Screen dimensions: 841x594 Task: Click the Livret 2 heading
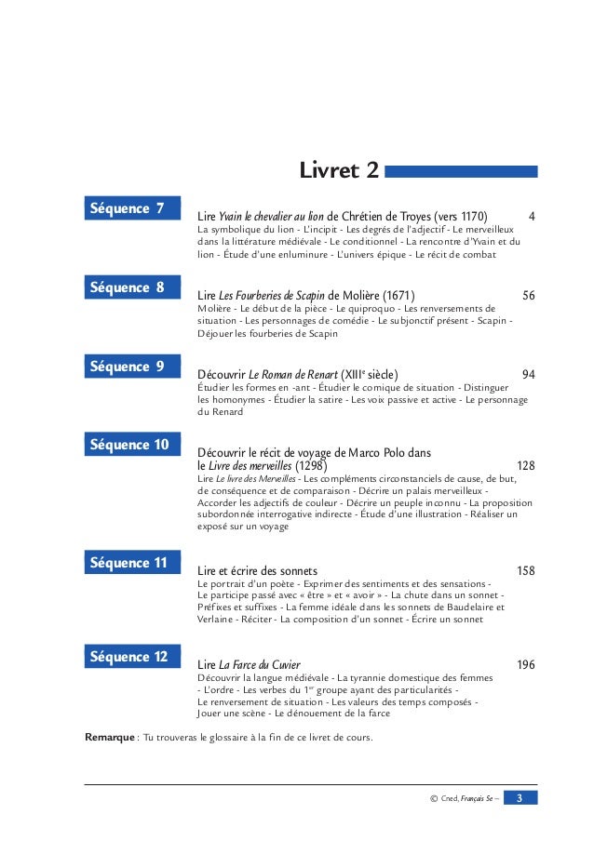pos(338,171)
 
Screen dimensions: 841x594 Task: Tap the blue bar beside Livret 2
pos(461,171)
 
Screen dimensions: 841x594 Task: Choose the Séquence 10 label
pos(130,445)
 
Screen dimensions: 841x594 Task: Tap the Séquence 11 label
pos(130,563)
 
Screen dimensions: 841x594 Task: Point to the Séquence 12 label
pos(130,657)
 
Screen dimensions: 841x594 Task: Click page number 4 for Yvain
pos(532,217)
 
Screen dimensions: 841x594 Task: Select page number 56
pos(529,296)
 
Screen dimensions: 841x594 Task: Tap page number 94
pos(529,375)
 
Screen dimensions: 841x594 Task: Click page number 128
pos(525,465)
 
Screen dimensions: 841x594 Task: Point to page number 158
pos(525,570)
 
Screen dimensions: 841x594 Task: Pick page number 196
pos(525,665)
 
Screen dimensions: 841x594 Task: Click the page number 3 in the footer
pos(521,798)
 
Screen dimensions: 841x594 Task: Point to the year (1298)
pos(310,465)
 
